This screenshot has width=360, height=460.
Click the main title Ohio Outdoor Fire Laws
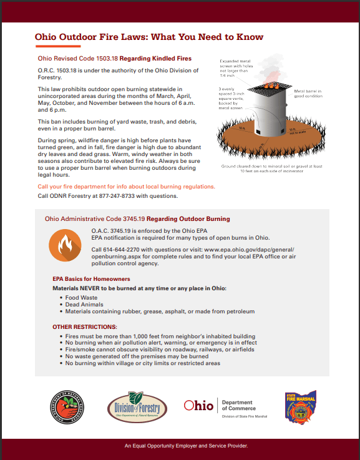pos(149,37)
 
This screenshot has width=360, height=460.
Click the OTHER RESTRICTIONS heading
pos(84,327)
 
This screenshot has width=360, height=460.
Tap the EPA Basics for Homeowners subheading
pos(91,279)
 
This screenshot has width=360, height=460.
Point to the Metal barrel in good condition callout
pos(308,94)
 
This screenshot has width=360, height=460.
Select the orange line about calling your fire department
pos(127,187)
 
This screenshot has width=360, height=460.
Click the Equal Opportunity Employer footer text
pos(186,446)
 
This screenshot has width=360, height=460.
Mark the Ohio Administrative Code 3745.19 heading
pos(137,219)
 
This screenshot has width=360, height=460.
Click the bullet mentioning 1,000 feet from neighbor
pos(160,336)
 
